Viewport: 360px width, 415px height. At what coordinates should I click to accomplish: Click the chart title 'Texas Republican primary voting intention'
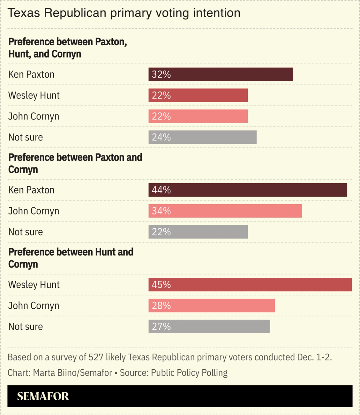(124, 13)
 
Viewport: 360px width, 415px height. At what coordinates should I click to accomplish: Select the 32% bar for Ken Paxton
(221, 74)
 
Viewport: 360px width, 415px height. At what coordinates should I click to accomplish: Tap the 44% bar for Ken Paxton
(247, 190)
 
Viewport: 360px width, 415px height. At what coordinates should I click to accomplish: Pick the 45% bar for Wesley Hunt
(250, 285)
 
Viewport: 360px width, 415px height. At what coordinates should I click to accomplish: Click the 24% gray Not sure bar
(202, 137)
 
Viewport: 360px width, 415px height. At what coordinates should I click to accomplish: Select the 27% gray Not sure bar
(209, 326)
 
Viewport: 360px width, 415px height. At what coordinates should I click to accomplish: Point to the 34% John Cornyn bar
(225, 211)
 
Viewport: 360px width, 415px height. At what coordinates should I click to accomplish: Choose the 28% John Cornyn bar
(212, 306)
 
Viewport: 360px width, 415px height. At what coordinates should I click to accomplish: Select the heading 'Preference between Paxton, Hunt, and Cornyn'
(67, 48)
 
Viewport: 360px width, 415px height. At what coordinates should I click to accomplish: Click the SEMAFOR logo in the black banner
(43, 396)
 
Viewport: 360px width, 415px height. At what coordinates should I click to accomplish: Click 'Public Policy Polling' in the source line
(189, 373)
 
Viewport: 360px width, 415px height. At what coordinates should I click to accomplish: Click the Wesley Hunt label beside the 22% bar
(34, 95)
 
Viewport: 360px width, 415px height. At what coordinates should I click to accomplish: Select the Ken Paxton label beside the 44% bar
(31, 190)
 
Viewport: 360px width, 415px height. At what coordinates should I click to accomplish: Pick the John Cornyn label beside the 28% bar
(34, 306)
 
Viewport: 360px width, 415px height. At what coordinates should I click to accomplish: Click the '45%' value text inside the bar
(161, 285)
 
